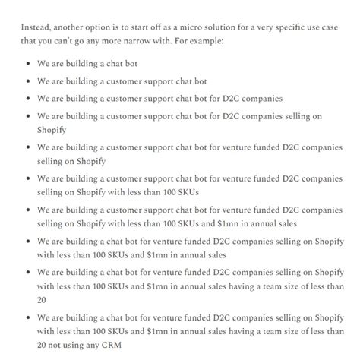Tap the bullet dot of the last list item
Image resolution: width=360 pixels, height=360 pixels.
(27, 330)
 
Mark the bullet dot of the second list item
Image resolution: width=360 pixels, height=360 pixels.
(27, 80)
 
